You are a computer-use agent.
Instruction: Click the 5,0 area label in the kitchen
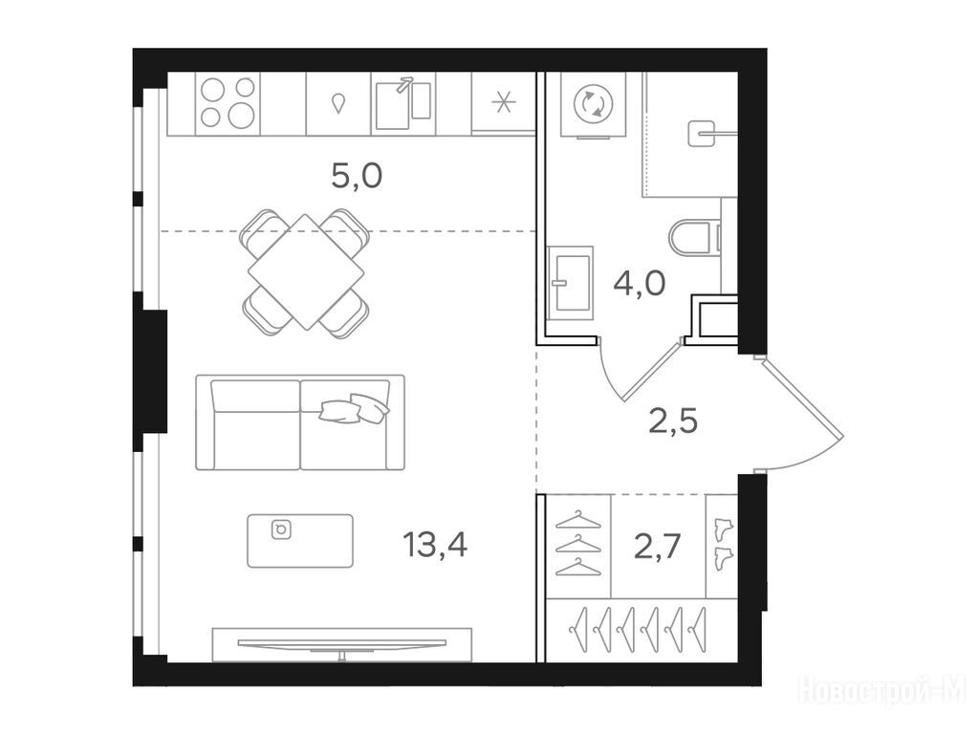(x=357, y=177)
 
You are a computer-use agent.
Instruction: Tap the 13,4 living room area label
(x=435, y=544)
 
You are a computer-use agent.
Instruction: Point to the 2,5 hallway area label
(x=673, y=421)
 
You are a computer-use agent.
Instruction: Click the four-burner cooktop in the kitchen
(x=228, y=102)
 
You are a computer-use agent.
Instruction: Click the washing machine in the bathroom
(x=593, y=104)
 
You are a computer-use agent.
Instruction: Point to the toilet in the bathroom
(x=696, y=237)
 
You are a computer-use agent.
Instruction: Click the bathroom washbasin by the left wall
(x=570, y=283)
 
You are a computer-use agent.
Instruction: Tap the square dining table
(x=306, y=272)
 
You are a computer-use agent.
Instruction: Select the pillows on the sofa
(x=354, y=408)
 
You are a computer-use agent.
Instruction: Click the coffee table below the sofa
(x=300, y=541)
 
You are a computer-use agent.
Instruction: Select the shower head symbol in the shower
(x=701, y=134)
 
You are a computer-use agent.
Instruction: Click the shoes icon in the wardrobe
(x=723, y=543)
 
